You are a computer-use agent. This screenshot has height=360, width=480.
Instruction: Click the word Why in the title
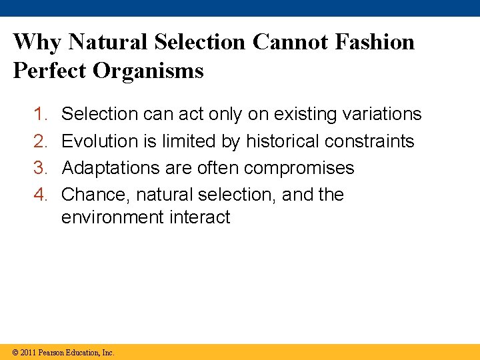click(37, 42)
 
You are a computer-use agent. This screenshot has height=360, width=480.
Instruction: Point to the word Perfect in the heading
click(50, 70)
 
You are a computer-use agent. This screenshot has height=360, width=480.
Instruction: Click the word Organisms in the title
click(149, 71)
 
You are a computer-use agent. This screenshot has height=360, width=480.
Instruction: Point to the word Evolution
click(99, 141)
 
